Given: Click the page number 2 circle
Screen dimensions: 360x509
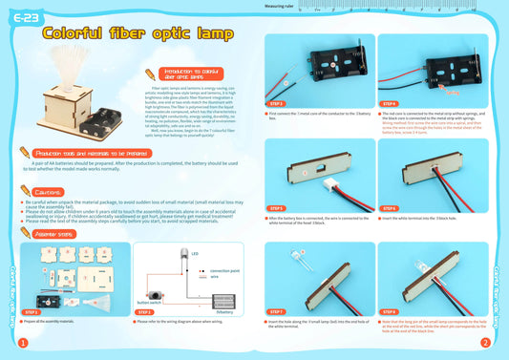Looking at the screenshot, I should tap(485, 343).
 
